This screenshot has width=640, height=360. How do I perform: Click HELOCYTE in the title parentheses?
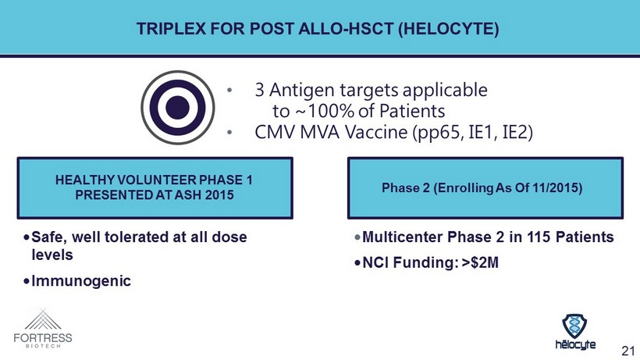point(449,29)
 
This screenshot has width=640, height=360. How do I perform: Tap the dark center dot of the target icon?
point(177,107)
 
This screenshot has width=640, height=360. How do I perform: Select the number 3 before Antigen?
point(259,90)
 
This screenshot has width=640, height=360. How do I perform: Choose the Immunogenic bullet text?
point(81,281)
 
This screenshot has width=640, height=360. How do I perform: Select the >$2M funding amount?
point(480,262)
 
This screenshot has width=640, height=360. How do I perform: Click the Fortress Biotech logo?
point(43,329)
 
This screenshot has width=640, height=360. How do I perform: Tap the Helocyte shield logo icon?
point(574,326)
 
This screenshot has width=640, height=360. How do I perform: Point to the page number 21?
point(628,350)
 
